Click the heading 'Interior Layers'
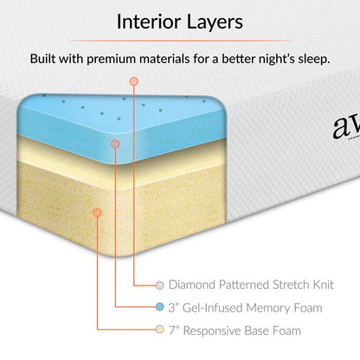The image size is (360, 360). coord(180,20)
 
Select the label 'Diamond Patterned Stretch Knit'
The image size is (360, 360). coord(251,285)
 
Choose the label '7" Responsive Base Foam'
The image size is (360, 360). coord(236,330)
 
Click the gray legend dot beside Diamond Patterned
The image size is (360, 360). coord(159,285)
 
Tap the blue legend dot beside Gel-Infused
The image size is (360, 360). coord(159,307)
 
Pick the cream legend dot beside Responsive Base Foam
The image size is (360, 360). coord(159,330)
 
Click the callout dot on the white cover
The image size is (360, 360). coord(135,80)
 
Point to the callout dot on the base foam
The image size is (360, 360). coord(97,211)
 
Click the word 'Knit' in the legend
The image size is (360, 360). coord(320,285)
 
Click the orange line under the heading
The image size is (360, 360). coord(180,40)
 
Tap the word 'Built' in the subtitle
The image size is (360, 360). coord(45,60)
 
